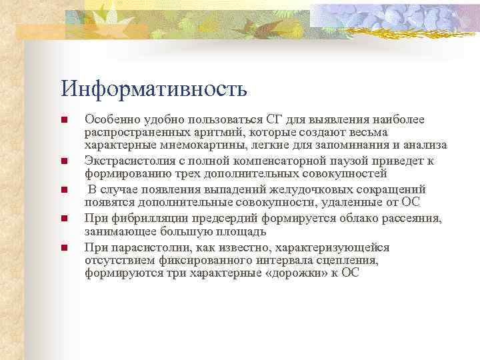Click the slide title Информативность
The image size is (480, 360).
coord(154,88)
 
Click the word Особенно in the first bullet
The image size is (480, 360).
coord(107,119)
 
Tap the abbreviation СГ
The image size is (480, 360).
coord(255,119)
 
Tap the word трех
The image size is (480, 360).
coord(191,174)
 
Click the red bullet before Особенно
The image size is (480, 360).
coord(64,120)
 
